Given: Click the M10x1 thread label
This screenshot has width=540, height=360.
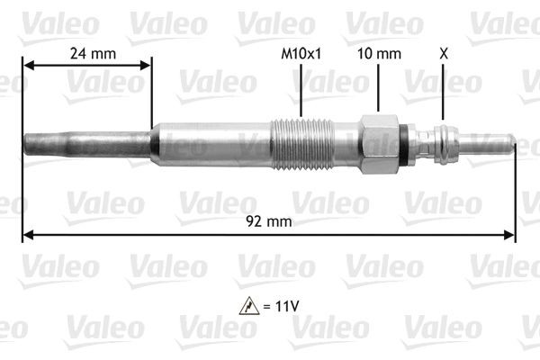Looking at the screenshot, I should [301, 53].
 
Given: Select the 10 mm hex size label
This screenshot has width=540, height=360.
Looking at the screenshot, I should [378, 53].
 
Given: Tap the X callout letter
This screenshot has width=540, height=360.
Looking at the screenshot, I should [443, 53].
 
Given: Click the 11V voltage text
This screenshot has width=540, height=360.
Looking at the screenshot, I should [284, 306].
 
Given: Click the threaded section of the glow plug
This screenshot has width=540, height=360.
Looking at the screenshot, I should [302, 145].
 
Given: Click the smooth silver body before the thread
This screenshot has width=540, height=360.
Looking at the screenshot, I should [211, 144].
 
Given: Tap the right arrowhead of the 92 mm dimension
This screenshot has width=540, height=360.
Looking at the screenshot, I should [510, 236].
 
